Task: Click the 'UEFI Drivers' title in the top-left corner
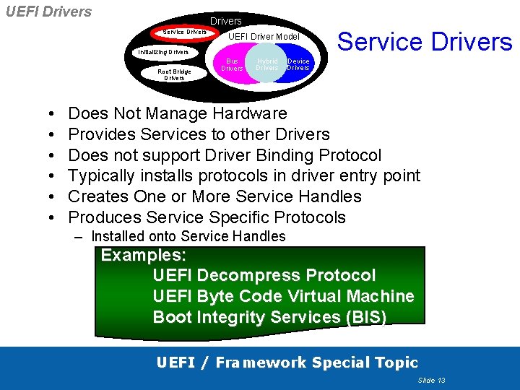(48, 12)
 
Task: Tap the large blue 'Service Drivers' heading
(425, 42)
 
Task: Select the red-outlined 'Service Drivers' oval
(184, 32)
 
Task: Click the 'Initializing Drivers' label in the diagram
(163, 52)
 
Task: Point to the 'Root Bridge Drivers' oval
(174, 74)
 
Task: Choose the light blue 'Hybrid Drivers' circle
(266, 65)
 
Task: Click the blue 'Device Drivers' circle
(299, 64)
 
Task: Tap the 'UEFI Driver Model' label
(264, 36)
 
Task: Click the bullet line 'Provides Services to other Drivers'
(199, 134)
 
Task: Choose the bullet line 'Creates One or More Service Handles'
(214, 196)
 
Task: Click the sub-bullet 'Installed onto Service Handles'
(188, 236)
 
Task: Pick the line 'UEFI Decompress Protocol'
(264, 275)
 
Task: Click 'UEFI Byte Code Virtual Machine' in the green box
(283, 296)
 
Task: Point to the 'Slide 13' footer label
(431, 380)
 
